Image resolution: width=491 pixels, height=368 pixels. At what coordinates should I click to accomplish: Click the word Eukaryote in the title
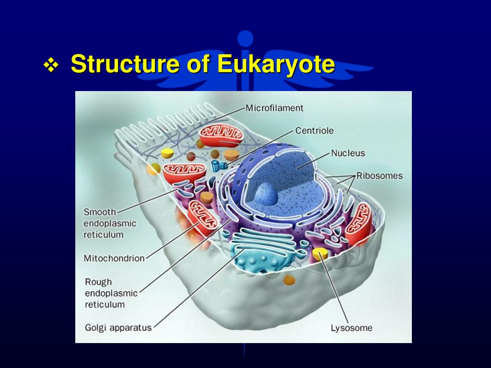(x=275, y=64)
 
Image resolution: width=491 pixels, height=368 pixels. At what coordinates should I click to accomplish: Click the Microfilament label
(x=274, y=108)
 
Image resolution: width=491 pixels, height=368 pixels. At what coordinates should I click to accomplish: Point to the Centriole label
(x=314, y=130)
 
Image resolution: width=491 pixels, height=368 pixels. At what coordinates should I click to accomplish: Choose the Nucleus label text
(x=348, y=153)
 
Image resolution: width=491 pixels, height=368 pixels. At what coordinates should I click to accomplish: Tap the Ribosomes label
(x=379, y=175)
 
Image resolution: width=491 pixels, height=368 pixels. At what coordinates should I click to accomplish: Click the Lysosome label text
(x=351, y=328)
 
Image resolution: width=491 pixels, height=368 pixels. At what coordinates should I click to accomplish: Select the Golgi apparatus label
(x=118, y=328)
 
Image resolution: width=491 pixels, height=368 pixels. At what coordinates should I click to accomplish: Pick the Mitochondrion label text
(x=114, y=258)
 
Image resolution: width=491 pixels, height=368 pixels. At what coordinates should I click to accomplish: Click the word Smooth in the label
(x=100, y=212)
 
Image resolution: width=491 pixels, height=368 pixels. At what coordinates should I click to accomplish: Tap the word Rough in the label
(x=98, y=282)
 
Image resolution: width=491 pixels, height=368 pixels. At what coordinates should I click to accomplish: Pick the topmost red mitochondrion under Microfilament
(x=222, y=136)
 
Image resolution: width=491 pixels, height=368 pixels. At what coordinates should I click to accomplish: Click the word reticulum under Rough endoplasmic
(x=105, y=304)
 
